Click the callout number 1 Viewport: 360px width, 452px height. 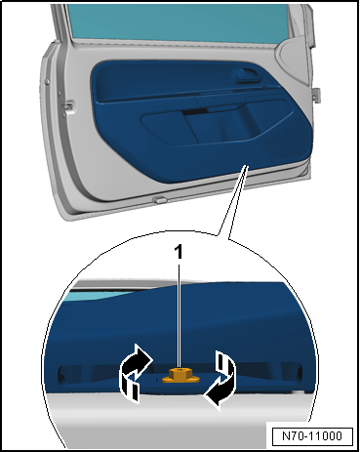tap(180, 252)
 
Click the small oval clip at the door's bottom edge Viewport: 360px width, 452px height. tap(158, 201)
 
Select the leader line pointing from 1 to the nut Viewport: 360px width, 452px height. tap(180, 312)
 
